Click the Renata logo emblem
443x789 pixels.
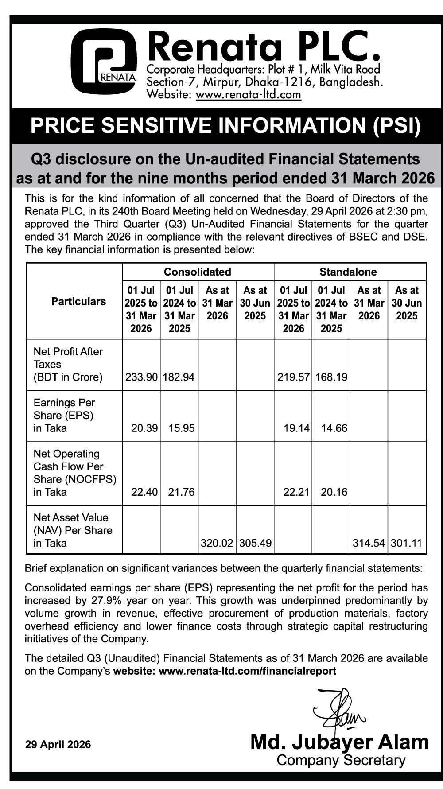[x=104, y=61]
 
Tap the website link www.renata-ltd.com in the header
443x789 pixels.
[x=248, y=95]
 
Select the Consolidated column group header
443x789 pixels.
[x=198, y=272]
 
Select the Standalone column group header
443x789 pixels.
[x=348, y=272]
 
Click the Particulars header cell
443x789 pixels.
[x=78, y=302]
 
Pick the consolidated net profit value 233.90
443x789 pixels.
[x=141, y=377]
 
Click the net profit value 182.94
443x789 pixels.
[x=179, y=377]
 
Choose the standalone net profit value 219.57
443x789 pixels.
[x=293, y=377]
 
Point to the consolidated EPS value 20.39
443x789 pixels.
[x=144, y=428]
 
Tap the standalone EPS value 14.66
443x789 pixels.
[x=334, y=428]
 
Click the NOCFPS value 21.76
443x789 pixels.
[x=182, y=492]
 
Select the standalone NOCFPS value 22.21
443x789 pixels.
[x=296, y=492]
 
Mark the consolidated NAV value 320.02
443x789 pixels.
[x=217, y=543]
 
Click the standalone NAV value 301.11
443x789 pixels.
[x=406, y=543]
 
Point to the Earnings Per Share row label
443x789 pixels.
[x=64, y=415]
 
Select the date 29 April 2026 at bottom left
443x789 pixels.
[x=58, y=745]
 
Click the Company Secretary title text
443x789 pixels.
[x=341, y=760]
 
